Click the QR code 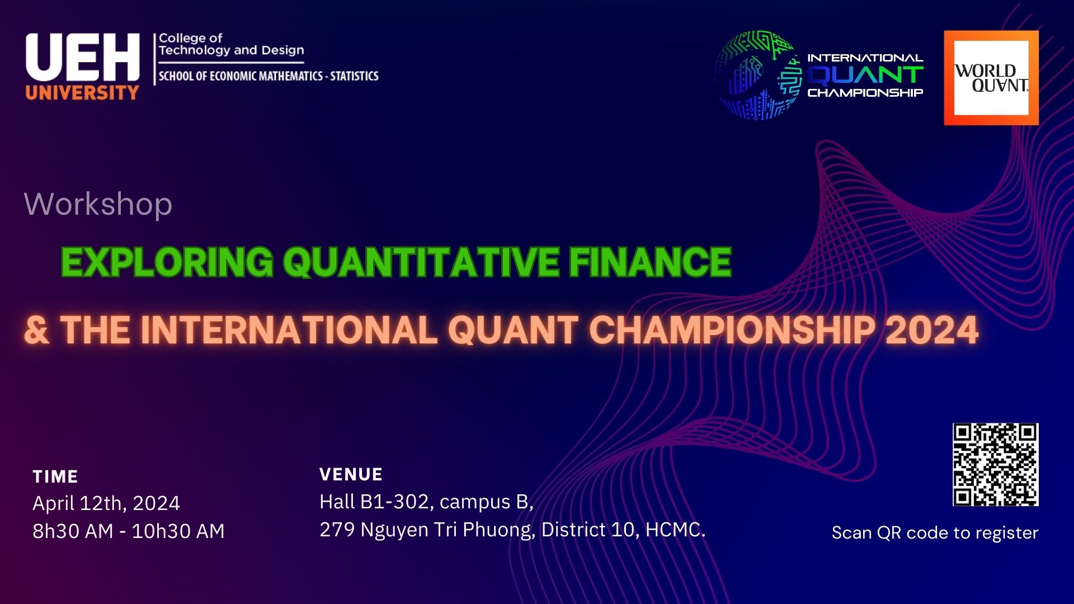[x=996, y=465]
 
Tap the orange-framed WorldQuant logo [x=991, y=78]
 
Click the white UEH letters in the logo [x=82, y=58]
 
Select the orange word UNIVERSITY [x=82, y=92]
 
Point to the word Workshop [x=98, y=204]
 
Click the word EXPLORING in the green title [x=167, y=262]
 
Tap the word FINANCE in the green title [x=650, y=262]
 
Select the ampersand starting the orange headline [x=37, y=330]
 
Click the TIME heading [x=55, y=476]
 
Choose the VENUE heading [x=351, y=475]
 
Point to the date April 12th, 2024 [x=106, y=503]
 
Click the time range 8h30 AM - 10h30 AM [x=129, y=531]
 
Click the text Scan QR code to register [x=935, y=533]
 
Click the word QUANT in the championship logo [x=865, y=75]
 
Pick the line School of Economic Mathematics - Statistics [x=268, y=76]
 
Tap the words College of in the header [x=190, y=38]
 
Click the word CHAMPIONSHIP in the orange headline [x=732, y=330]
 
